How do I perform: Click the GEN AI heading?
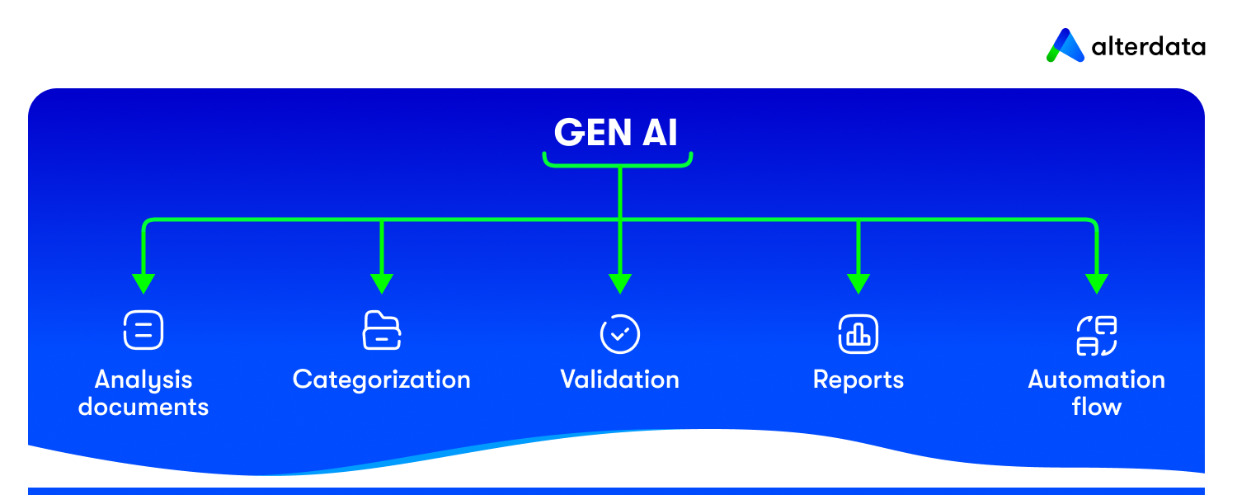pyautogui.click(x=616, y=132)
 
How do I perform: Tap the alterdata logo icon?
pyautogui.click(x=1065, y=46)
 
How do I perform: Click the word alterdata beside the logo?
pyautogui.click(x=1148, y=47)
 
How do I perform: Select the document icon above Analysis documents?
pyautogui.click(x=143, y=332)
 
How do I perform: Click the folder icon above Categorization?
pyautogui.click(x=382, y=332)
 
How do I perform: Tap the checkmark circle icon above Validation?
pyautogui.click(x=619, y=333)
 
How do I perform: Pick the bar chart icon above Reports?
pyautogui.click(x=858, y=333)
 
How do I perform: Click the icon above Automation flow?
pyautogui.click(x=1096, y=335)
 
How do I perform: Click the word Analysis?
pyautogui.click(x=143, y=379)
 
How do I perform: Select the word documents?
pyautogui.click(x=143, y=407)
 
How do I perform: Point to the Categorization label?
pyautogui.click(x=382, y=379)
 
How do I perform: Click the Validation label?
pyautogui.click(x=619, y=379)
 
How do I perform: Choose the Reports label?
pyautogui.click(x=858, y=379)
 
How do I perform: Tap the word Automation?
pyautogui.click(x=1096, y=379)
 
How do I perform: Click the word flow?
pyautogui.click(x=1096, y=407)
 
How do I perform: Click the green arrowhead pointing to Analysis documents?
pyautogui.click(x=143, y=283)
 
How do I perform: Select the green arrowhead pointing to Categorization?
pyautogui.click(x=381, y=283)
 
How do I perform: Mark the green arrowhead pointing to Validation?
pyautogui.click(x=619, y=283)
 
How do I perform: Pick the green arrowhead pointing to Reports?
pyautogui.click(x=858, y=283)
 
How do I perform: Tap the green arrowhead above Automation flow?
pyautogui.click(x=1096, y=283)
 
